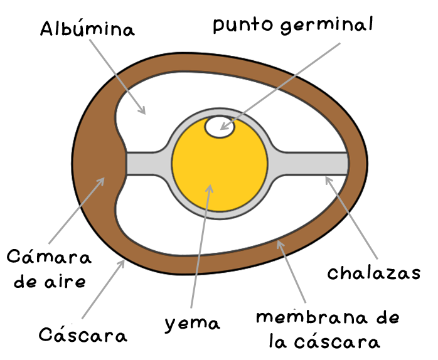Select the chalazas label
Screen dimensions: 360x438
pyautogui.click(x=373, y=273)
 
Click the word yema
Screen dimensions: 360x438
pyautogui.click(x=193, y=324)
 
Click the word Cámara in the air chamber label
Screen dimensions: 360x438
pyautogui.click(x=49, y=257)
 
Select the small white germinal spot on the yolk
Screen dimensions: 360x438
pyautogui.click(x=220, y=127)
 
